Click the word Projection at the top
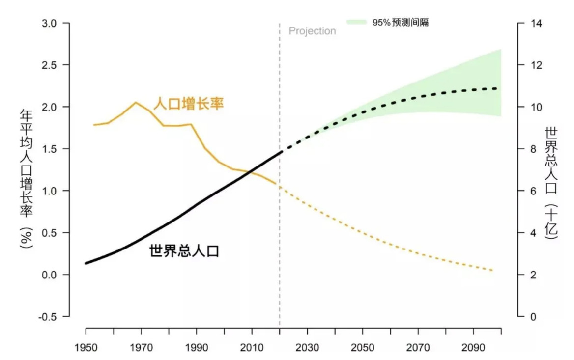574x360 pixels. pyautogui.click(x=312, y=31)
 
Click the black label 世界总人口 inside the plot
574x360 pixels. pyautogui.click(x=184, y=251)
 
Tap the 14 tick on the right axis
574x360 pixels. pyautogui.click(x=533, y=24)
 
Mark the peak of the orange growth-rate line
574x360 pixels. pyautogui.click(x=136, y=102)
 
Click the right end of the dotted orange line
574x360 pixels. pyautogui.click(x=492, y=271)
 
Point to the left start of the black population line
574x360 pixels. pyautogui.click(x=86, y=263)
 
